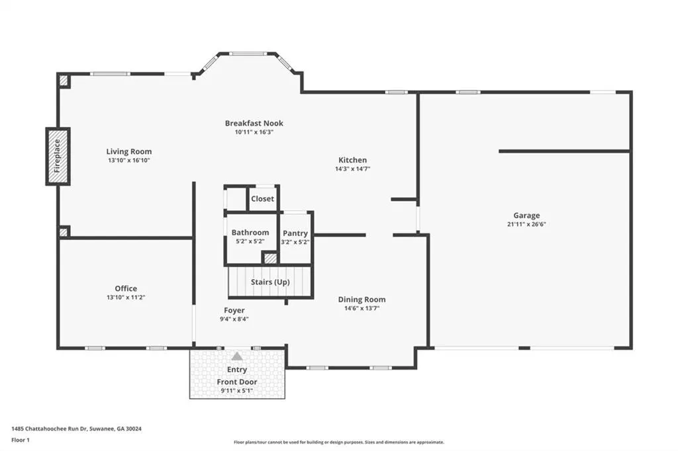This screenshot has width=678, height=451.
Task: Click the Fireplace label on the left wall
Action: point(58,156)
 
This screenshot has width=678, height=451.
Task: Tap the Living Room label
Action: point(129,151)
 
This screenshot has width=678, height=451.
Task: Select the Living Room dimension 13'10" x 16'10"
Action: point(129,160)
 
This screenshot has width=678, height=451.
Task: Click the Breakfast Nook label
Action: point(254,123)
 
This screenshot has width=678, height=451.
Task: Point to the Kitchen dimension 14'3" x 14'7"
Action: point(352,169)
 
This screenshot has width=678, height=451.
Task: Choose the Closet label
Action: point(262,198)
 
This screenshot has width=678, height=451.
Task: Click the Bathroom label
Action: point(250,232)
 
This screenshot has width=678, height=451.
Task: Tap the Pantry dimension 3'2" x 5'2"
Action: point(295,242)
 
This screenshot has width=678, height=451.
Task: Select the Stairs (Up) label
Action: point(270,282)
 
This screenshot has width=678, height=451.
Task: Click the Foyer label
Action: point(234,310)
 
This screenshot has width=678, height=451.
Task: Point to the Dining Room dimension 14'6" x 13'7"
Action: point(362,308)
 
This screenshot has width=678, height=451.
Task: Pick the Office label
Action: point(126,288)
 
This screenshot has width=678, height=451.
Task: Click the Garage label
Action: point(526,216)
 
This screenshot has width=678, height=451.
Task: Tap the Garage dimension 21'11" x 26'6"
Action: point(526,224)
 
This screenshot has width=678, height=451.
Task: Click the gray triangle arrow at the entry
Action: point(237,356)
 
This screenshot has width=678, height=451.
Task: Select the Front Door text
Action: point(237,382)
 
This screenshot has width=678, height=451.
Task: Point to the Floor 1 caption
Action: point(21,440)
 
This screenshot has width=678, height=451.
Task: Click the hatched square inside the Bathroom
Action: point(271,259)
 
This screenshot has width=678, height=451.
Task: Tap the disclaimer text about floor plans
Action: point(339,442)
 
